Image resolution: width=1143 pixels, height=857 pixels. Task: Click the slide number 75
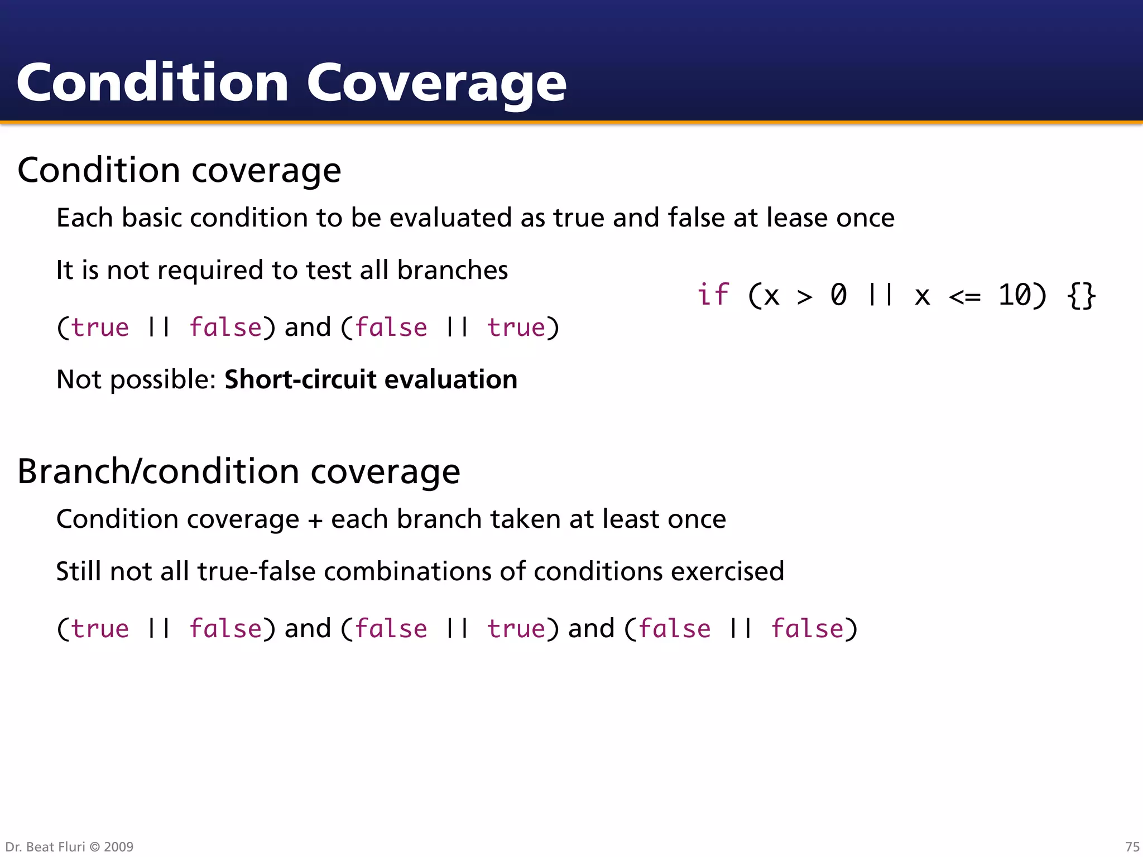tap(1132, 846)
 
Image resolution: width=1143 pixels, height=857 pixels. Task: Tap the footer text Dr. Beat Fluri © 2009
tap(69, 846)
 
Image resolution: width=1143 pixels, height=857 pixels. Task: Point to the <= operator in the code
tap(964, 296)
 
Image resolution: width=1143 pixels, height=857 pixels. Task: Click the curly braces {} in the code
tap(1081, 295)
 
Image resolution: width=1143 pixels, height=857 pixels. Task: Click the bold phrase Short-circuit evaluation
tap(371, 379)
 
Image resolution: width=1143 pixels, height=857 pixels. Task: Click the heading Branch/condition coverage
tap(238, 471)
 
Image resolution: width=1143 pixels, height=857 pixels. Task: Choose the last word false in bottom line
tap(807, 629)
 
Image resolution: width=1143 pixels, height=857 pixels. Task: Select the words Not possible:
tap(136, 379)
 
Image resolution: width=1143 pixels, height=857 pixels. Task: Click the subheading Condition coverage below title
tap(179, 170)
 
